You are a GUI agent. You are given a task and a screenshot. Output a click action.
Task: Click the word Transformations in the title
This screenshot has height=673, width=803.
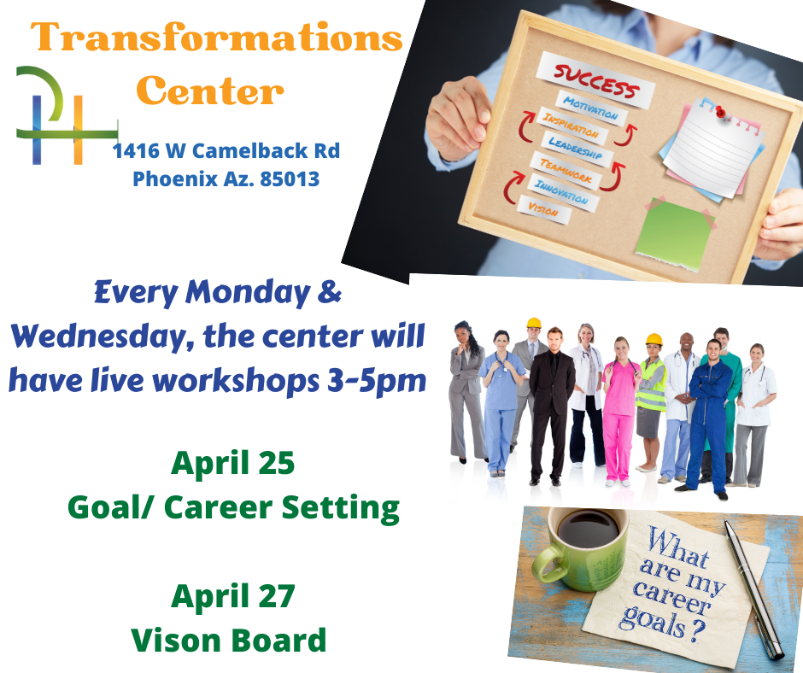coord(217,37)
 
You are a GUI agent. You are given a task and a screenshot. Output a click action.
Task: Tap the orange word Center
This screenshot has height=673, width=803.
coord(210,91)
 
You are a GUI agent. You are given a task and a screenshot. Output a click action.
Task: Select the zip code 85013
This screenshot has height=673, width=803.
coord(290,179)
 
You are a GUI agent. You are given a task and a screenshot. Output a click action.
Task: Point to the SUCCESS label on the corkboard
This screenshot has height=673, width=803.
coord(595,80)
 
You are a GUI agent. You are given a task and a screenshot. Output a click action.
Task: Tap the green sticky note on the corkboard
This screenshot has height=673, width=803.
coord(675,234)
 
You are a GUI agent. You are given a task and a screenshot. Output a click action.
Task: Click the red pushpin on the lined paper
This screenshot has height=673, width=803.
coord(720,112)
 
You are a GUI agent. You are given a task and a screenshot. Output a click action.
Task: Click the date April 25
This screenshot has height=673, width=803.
coord(233,464)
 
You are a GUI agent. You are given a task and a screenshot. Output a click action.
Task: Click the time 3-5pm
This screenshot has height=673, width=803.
coord(377,381)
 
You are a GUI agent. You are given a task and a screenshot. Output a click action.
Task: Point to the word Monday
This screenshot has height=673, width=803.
coord(248,294)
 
